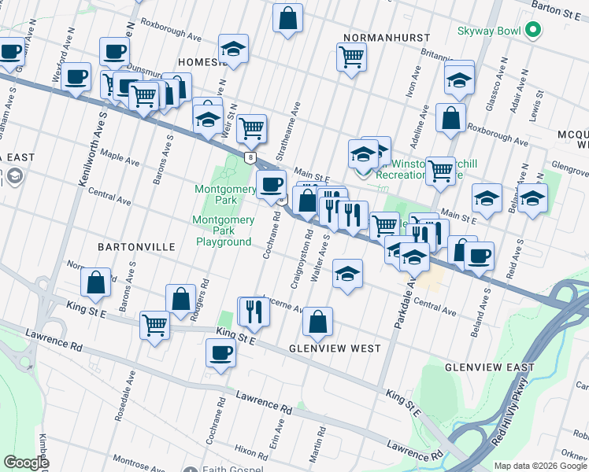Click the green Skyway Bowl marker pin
pyautogui.click(x=533, y=31)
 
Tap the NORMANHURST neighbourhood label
pyautogui.click(x=386, y=38)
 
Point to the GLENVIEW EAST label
pyautogui.click(x=489, y=367)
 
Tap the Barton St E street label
pyautogui.click(x=555, y=12)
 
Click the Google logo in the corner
pyautogui.click(x=26, y=462)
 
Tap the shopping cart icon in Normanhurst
pyautogui.click(x=351, y=56)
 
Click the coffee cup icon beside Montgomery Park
pyautogui.click(x=272, y=184)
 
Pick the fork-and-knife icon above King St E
pyautogui.click(x=254, y=311)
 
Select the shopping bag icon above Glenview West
pyautogui.click(x=317, y=321)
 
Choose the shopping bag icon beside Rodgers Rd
pyautogui.click(x=180, y=298)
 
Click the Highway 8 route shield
pyautogui.click(x=249, y=157)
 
